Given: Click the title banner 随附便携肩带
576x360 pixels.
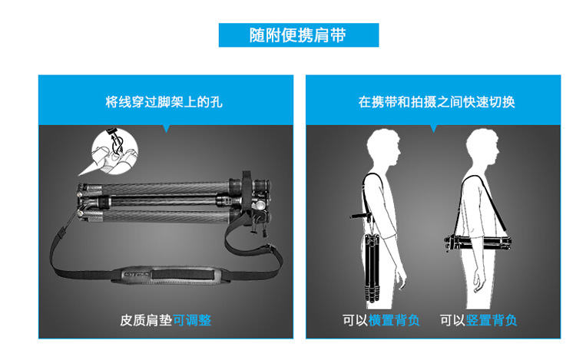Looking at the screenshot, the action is point(299,35).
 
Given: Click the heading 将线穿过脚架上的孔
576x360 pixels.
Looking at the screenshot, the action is point(164,102).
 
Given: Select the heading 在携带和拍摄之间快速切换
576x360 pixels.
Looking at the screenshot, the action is point(436,102).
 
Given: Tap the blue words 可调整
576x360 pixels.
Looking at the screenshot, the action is point(192,320).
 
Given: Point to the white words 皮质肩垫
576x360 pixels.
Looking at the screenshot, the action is point(146,320).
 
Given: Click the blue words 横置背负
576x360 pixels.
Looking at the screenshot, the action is point(394,320).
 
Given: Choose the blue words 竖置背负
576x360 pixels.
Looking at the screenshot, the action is point(492,320).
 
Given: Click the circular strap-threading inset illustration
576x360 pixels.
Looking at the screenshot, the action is point(114,150).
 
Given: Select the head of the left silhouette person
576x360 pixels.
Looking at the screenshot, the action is point(382,149).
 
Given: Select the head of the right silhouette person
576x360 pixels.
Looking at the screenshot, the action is point(482,149).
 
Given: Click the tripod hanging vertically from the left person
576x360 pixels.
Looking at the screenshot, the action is point(372,267).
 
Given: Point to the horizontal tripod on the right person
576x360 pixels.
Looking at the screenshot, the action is point(478,243).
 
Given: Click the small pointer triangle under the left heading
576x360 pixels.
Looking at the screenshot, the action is point(167,128).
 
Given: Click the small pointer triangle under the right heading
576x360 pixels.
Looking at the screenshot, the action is point(433,128).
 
